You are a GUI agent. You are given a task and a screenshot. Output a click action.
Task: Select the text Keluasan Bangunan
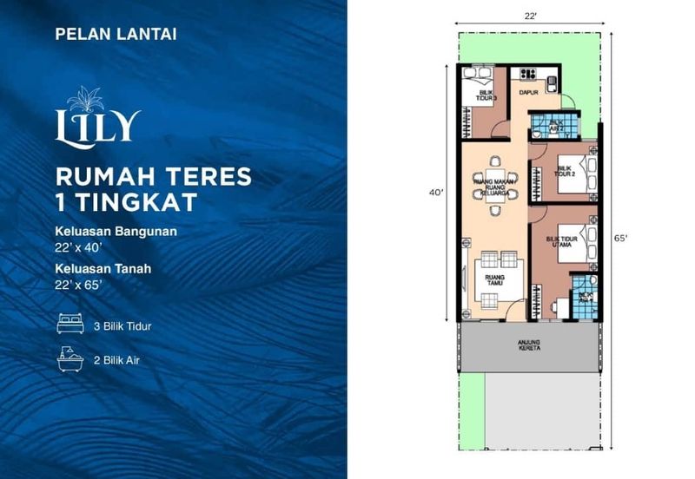pyautogui.click(x=116, y=232)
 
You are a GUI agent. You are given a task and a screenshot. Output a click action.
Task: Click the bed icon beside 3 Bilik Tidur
pyautogui.click(x=70, y=326)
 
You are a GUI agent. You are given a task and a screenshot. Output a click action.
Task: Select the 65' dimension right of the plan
pyautogui.click(x=621, y=236)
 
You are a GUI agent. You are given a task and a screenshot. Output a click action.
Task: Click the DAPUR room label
pyautogui.click(x=528, y=91)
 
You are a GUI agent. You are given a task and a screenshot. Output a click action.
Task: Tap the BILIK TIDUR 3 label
pyautogui.click(x=484, y=96)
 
